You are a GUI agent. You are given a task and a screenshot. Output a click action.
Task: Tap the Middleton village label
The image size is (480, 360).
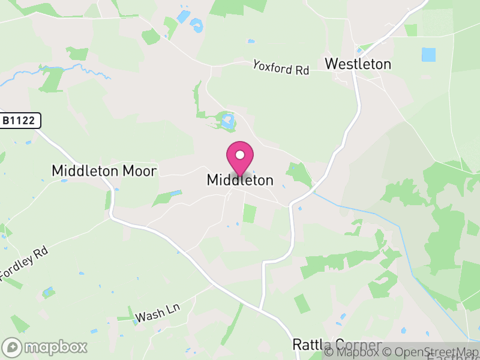(x=240, y=180)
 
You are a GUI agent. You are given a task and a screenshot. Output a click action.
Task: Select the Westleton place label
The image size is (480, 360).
(x=358, y=64)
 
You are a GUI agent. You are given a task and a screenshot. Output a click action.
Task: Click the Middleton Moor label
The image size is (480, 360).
(x=104, y=171)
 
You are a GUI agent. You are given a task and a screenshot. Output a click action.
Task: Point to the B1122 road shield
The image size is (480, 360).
(x=20, y=121)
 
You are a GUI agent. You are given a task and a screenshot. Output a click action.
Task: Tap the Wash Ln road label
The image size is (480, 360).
(x=158, y=312)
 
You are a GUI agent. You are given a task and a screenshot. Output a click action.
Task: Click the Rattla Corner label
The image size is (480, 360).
(x=337, y=345)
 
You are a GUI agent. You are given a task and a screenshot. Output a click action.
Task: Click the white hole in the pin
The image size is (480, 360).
(x=240, y=155)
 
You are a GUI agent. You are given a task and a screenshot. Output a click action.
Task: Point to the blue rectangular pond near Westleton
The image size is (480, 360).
(x=428, y=55)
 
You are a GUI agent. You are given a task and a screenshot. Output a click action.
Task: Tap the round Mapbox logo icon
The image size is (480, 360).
(x=13, y=347)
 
